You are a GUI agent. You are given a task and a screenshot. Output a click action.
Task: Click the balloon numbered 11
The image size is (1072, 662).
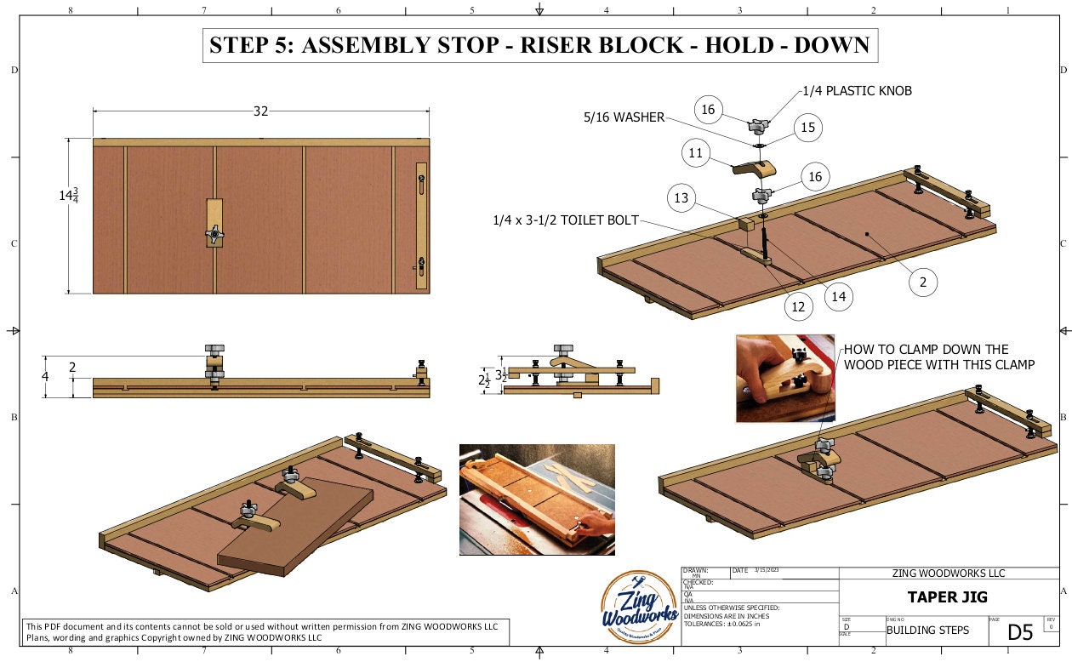pos(696,153)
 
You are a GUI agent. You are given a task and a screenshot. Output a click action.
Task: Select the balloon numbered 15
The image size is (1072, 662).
pos(808,128)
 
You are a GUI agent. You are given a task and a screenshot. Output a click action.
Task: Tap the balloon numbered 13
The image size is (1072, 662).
pos(681,198)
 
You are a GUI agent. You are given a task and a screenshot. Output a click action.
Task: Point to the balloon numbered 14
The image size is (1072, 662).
pos(838,296)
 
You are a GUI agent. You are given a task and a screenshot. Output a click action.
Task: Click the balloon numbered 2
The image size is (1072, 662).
pos(923,280)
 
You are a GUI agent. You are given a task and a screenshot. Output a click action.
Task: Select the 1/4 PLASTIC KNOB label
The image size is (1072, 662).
pos(857,91)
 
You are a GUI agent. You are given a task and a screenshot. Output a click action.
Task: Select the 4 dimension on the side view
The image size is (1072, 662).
pos(46,376)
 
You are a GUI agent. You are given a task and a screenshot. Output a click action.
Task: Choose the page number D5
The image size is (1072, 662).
pos(1020,632)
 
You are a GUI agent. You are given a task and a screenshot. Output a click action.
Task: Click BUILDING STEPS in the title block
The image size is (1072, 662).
pos(921,631)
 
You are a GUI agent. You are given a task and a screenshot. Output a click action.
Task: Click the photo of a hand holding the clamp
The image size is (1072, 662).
pos(784,378)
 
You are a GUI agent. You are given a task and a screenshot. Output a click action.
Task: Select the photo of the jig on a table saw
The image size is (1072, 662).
pos(536,499)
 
